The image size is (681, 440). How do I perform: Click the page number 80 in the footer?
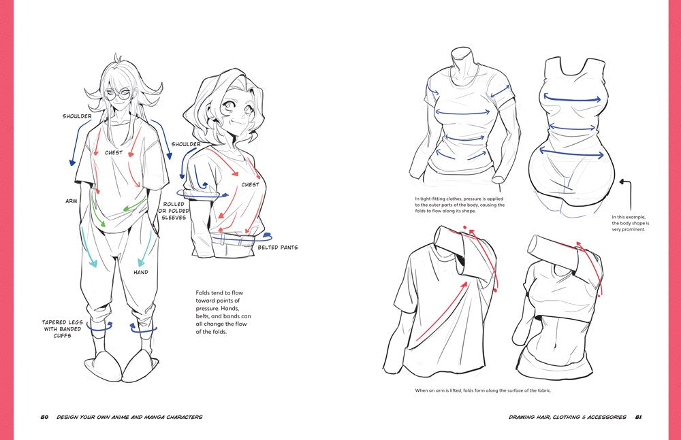pyautogui.click(x=44, y=417)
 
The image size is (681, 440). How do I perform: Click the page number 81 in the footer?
pyautogui.click(x=639, y=417)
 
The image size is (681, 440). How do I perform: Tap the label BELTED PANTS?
pyautogui.click(x=277, y=248)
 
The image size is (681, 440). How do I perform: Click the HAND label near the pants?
pyautogui.click(x=140, y=272)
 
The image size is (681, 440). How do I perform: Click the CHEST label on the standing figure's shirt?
pyautogui.click(x=114, y=153)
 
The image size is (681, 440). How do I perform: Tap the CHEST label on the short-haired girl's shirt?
pyautogui.click(x=250, y=184)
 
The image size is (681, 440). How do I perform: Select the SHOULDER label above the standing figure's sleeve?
pyautogui.click(x=77, y=116)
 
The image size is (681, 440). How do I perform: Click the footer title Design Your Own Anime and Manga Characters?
pyautogui.click(x=129, y=417)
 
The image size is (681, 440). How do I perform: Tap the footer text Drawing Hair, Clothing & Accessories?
pyautogui.click(x=567, y=417)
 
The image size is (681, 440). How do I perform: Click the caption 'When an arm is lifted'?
pyautogui.click(x=483, y=390)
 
